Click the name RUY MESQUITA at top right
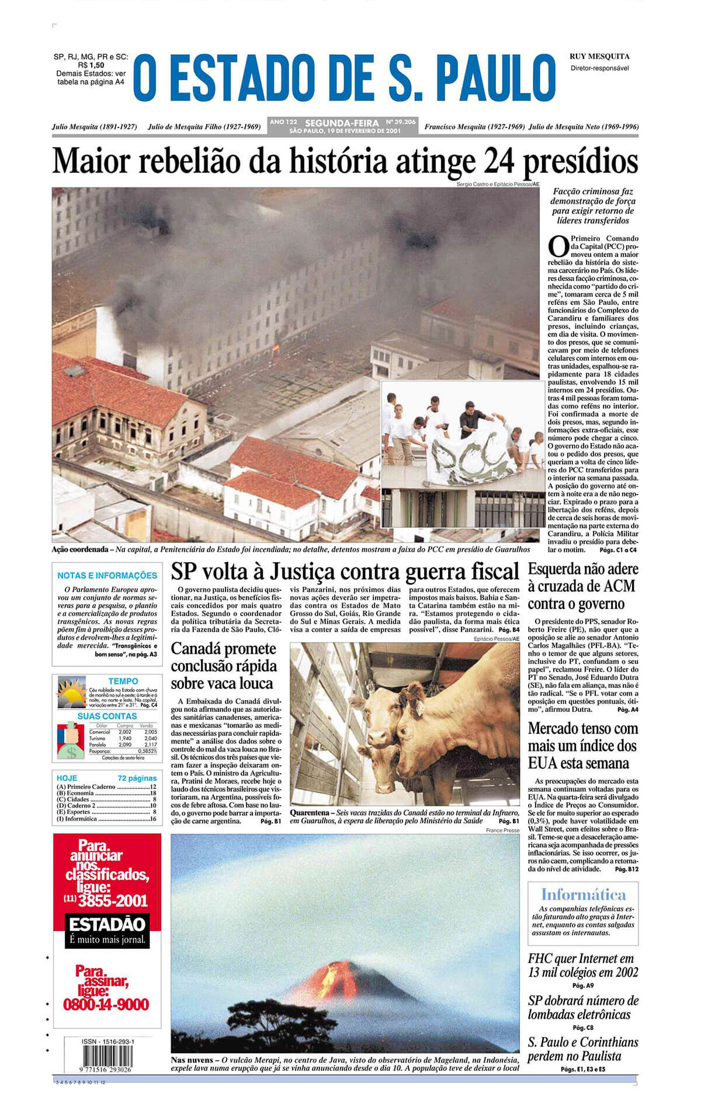point(599,57)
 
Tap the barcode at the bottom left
point(107,1056)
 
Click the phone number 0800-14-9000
point(106,1004)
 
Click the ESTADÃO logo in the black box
point(107,924)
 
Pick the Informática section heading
point(582,895)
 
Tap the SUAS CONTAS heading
point(107,716)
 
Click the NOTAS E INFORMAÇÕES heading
point(107,575)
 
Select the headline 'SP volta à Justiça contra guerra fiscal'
point(345,572)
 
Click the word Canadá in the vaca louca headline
point(193,649)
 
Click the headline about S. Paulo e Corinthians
point(582,1049)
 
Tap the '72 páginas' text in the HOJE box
point(137,778)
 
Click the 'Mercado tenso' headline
point(582,746)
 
